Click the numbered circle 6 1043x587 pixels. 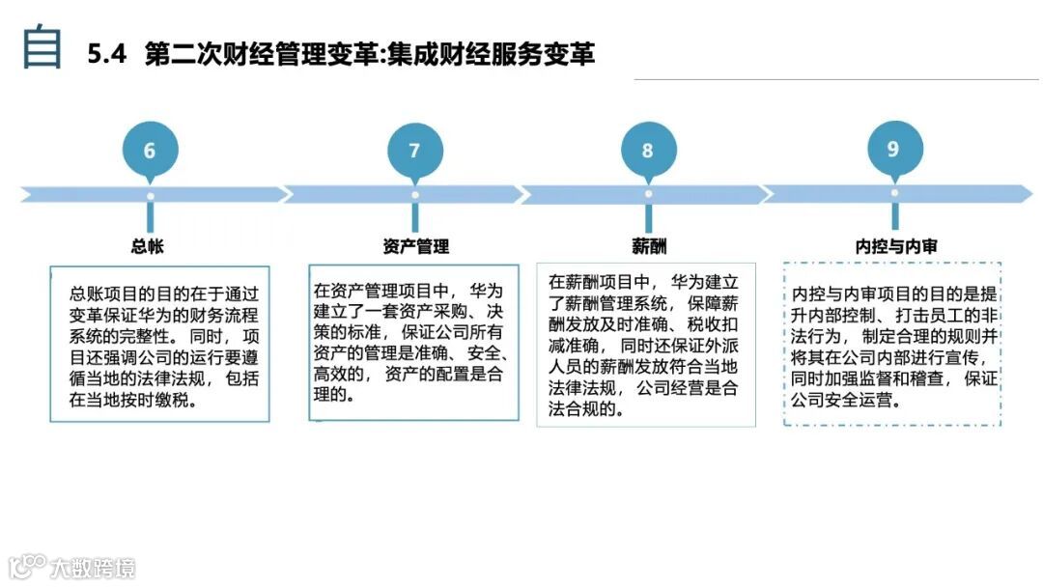coord(149,151)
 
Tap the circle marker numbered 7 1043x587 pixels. coord(414,151)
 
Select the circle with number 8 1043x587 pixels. coord(647,151)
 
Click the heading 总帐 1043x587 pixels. coord(148,246)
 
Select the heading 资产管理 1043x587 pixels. coord(415,246)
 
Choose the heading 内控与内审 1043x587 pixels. coord(896,246)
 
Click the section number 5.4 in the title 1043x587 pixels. coord(107,54)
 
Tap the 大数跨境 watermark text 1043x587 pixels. coord(94,567)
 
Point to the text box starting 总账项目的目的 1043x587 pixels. coord(159,344)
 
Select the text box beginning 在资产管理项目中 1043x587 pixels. coord(413,342)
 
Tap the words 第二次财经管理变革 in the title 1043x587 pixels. coord(261,54)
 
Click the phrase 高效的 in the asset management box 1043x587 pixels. coord(345,374)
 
